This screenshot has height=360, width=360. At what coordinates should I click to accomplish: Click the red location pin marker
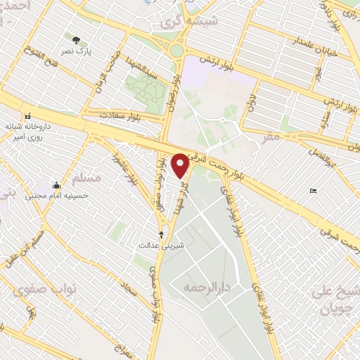(x=181, y=165)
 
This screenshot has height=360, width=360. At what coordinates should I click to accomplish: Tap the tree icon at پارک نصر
(x=77, y=40)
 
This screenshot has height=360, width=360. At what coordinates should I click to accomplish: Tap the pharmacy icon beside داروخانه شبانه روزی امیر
(x=27, y=116)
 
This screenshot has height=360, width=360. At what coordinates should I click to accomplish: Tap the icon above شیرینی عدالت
(x=162, y=234)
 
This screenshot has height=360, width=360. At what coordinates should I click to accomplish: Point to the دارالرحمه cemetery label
(x=208, y=288)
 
